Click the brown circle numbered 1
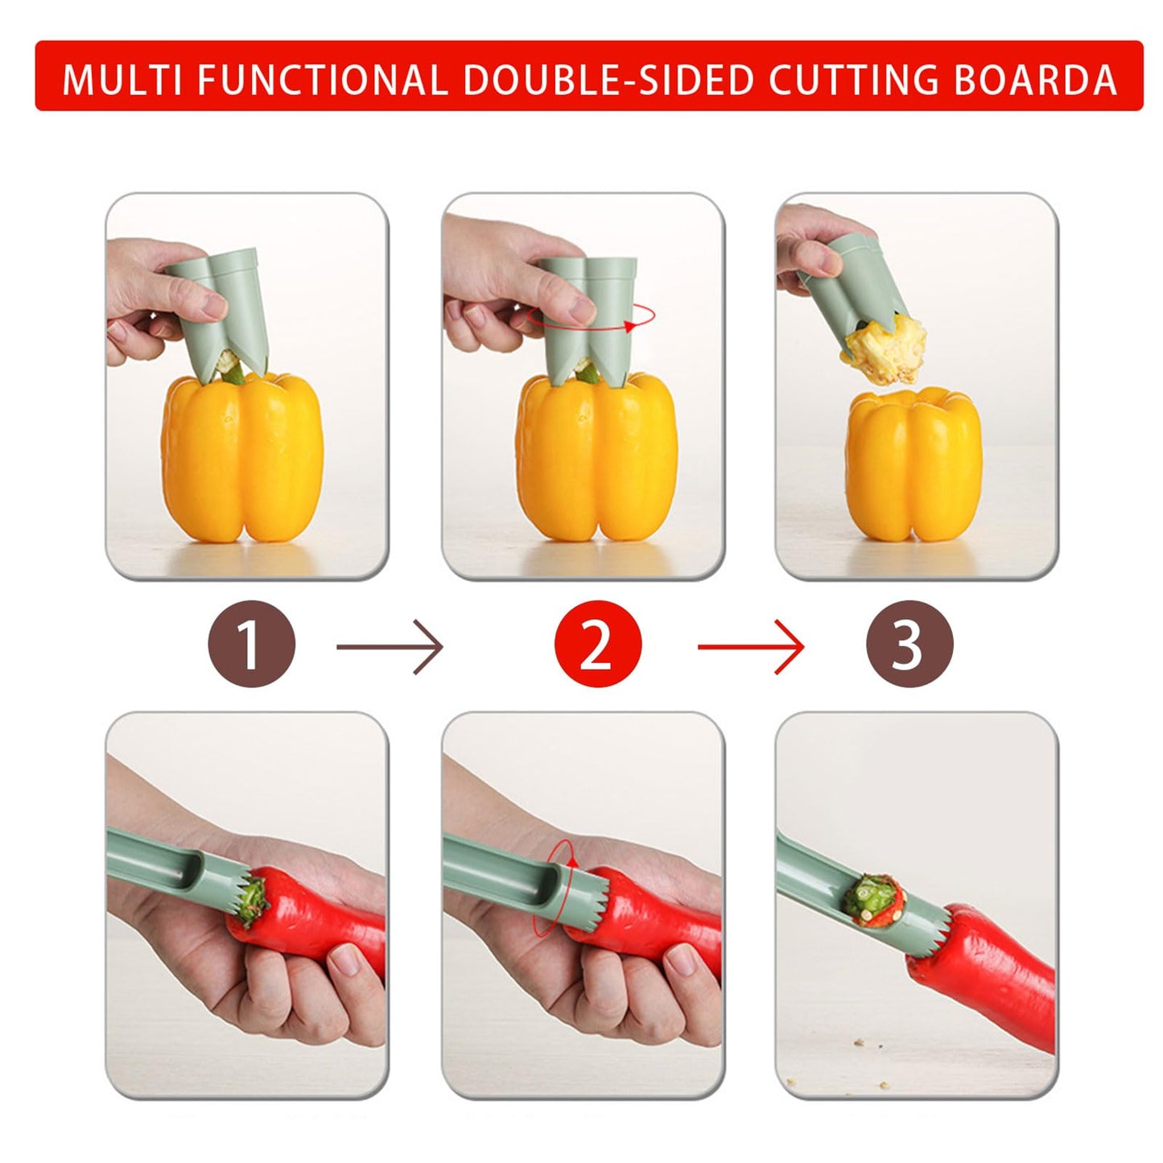[252, 644]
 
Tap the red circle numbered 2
[597, 644]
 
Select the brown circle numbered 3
[909, 644]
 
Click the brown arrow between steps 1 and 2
[390, 646]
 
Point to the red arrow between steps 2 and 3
[750, 646]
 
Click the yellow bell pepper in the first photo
[241, 459]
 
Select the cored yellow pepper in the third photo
[913, 467]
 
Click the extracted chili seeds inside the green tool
[873, 897]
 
